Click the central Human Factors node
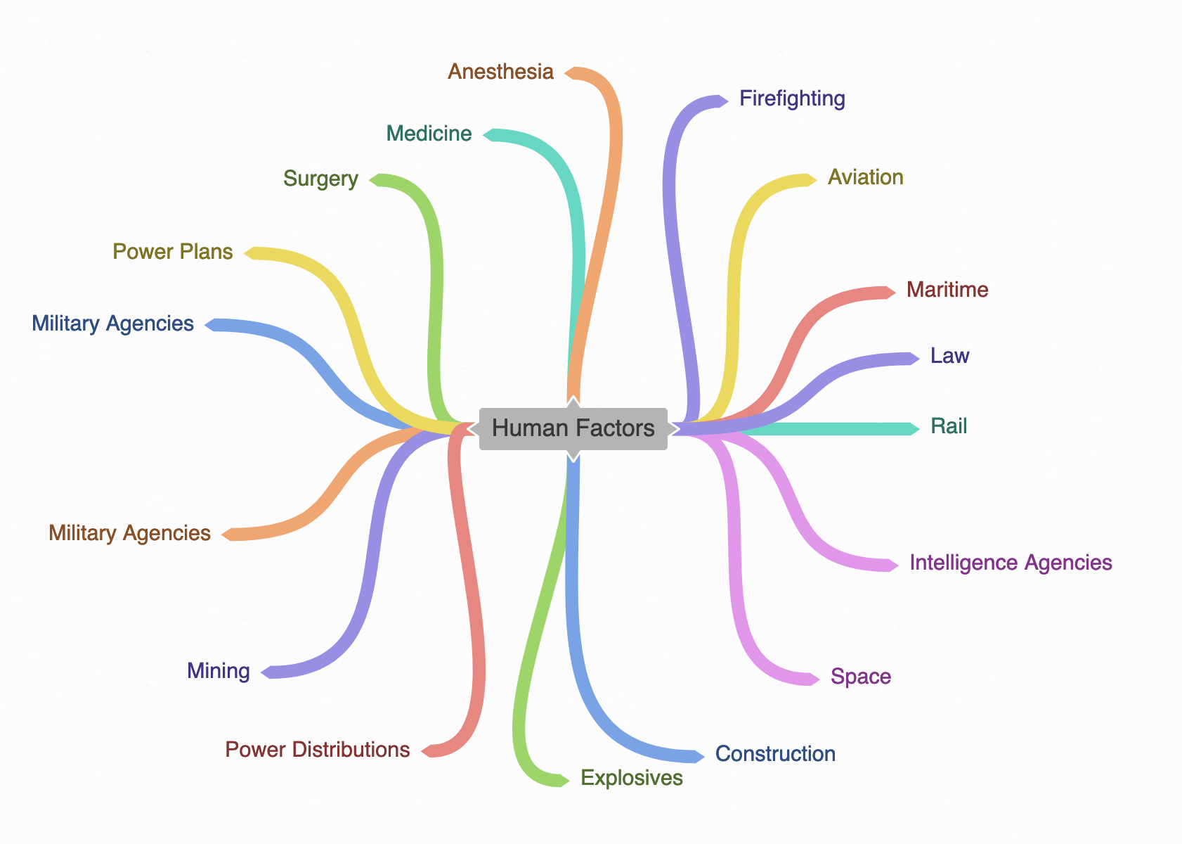point(573,428)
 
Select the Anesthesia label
point(500,72)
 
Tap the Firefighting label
point(792,98)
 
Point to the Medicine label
point(429,134)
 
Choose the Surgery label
point(320,179)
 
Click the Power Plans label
point(173,252)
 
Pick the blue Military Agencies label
point(112,324)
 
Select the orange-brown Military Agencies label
point(129,533)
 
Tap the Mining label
point(218,671)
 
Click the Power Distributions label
point(318,750)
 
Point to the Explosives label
point(632,778)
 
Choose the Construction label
point(775,754)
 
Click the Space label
point(860,677)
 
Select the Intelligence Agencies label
point(1011,563)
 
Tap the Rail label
point(949,426)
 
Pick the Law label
point(949,356)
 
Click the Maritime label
point(947,290)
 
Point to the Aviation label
point(865,177)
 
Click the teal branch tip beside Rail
point(913,429)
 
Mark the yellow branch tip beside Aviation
point(810,179)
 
